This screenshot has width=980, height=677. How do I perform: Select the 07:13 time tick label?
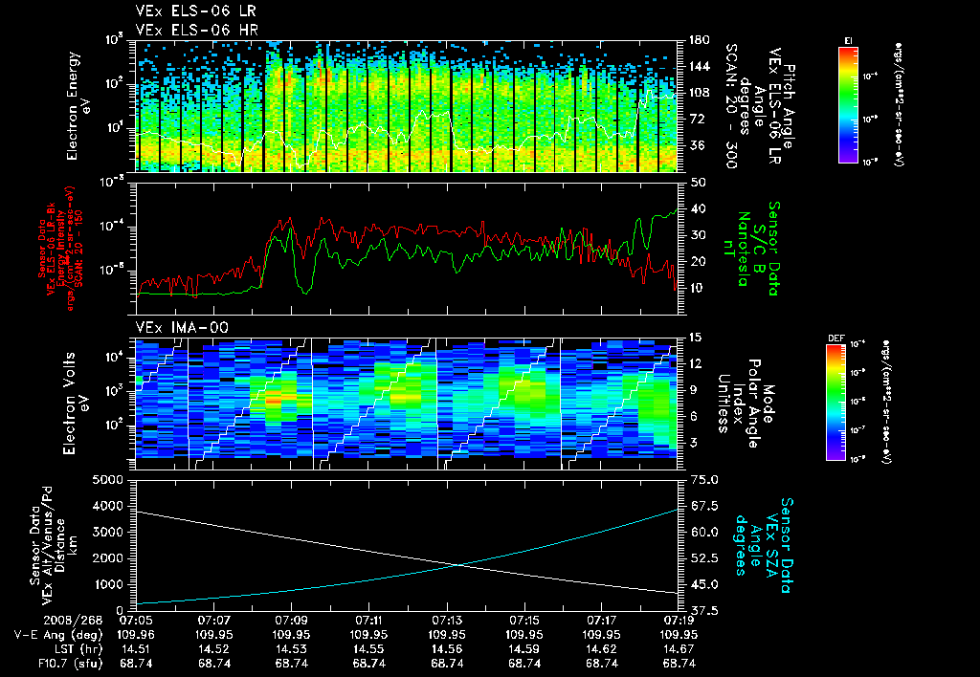coord(447,620)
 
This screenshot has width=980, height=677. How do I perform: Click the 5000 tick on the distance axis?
coord(111,479)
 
